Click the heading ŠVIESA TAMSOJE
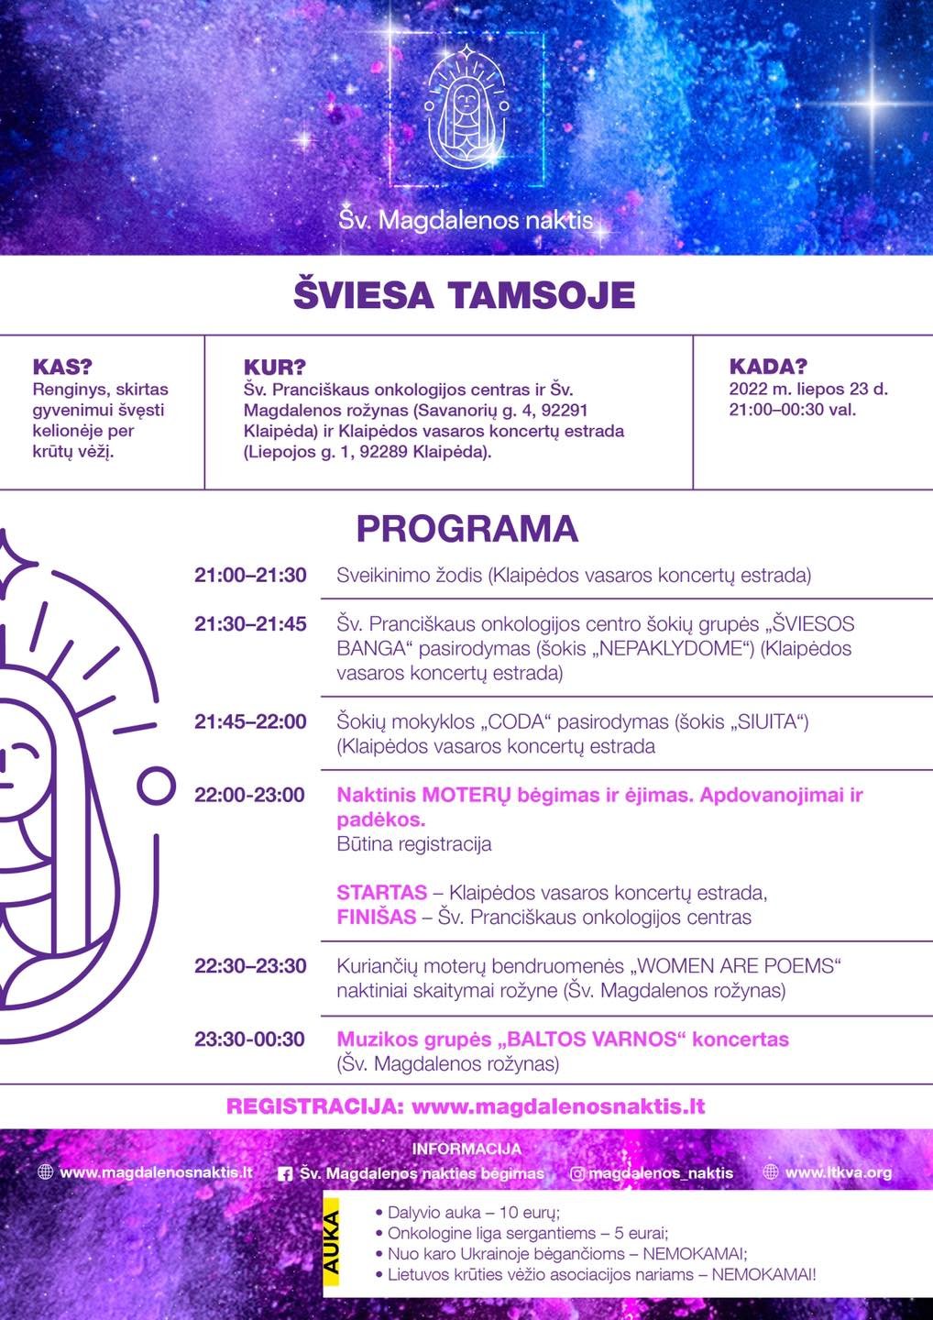pyautogui.click(x=464, y=296)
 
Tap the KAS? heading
pyautogui.click(x=62, y=367)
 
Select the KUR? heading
pyautogui.click(x=275, y=368)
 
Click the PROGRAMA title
pyautogui.click(x=466, y=530)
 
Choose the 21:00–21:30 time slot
pyautogui.click(x=250, y=576)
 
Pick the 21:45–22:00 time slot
pyautogui.click(x=250, y=722)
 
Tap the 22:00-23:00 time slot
pyautogui.click(x=249, y=796)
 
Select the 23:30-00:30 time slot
pyautogui.click(x=249, y=1039)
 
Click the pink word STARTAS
pyautogui.click(x=382, y=893)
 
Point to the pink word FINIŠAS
pyautogui.click(x=377, y=918)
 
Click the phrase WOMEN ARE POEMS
pyautogui.click(x=734, y=966)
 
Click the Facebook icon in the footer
pyautogui.click(x=285, y=1173)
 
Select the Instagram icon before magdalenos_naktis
pyautogui.click(x=577, y=1172)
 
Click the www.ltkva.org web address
pyautogui.click(x=838, y=1171)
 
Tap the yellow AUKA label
pyautogui.click(x=331, y=1243)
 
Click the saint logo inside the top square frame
pyautogui.click(x=466, y=110)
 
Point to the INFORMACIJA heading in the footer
pyautogui.click(x=466, y=1149)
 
